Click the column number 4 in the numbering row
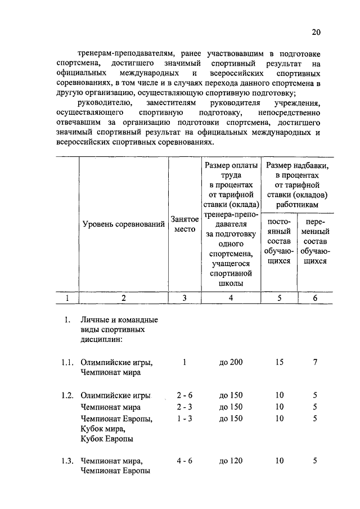[231, 298]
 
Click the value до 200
[231, 362]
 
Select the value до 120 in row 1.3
[231, 461]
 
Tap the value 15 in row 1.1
[279, 362]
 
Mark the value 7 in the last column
[315, 362]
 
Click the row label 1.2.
[68, 396]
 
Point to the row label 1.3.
[68, 461]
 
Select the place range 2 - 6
[184, 396]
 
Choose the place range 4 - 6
[184, 461]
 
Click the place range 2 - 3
[184, 407]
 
